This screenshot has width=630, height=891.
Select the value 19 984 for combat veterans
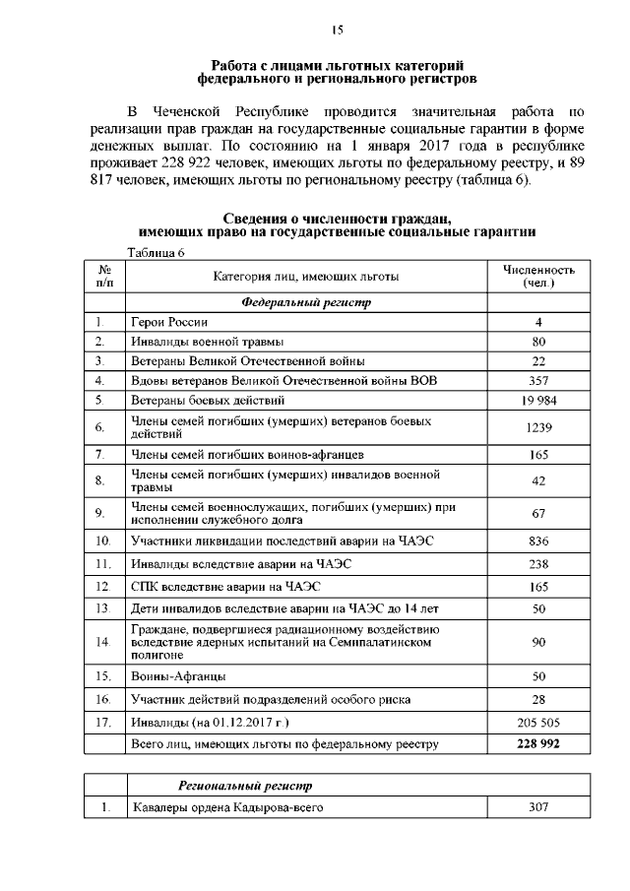(538, 400)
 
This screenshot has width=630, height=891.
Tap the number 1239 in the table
(538, 427)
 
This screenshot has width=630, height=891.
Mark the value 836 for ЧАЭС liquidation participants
(538, 541)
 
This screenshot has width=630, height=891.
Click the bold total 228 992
(538, 744)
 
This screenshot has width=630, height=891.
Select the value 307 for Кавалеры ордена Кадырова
(538, 808)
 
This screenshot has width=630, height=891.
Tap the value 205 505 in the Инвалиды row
(538, 722)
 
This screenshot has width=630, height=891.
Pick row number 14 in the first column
(102, 642)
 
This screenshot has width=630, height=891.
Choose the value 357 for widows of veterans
(538, 380)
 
